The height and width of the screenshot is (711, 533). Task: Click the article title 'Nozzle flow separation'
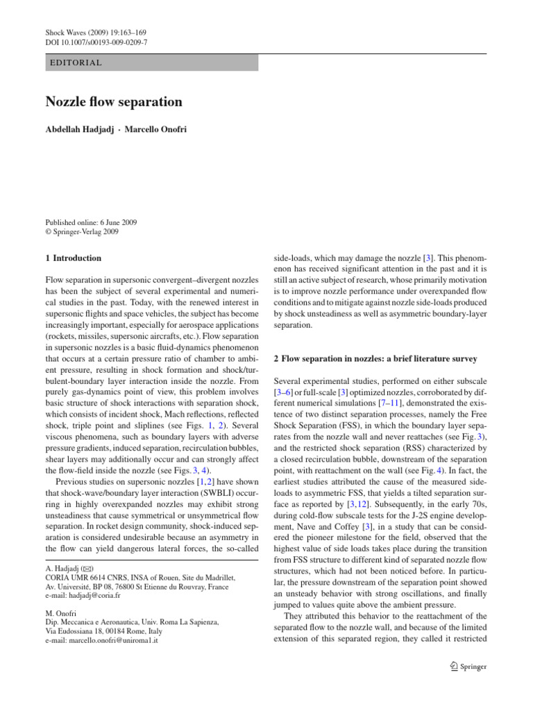114,102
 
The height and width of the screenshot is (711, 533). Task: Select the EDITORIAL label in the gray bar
76,62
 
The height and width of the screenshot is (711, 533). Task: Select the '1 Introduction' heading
73,258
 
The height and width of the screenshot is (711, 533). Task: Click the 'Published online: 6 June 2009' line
91,222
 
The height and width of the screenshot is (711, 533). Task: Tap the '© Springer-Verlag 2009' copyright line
82,232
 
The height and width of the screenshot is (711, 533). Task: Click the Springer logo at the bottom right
468,667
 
